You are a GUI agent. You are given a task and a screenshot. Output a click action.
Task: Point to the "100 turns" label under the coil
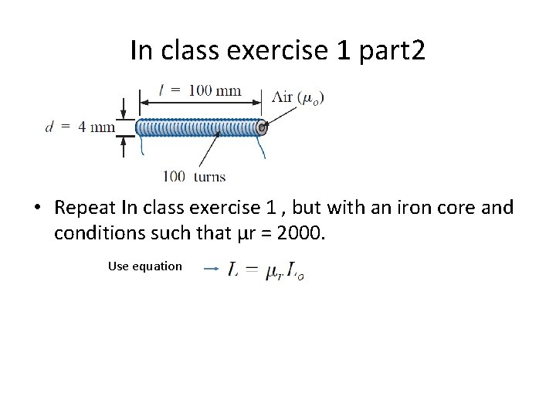(x=194, y=176)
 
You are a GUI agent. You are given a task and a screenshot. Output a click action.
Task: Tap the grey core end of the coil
(x=263, y=127)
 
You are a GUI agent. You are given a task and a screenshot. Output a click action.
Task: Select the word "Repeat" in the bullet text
(x=85, y=208)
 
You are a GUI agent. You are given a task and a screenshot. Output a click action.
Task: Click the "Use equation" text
(x=145, y=266)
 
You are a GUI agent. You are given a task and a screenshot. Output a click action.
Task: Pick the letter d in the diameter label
(x=49, y=127)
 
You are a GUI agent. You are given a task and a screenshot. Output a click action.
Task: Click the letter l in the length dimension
(x=161, y=90)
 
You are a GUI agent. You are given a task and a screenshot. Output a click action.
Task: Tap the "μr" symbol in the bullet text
(x=236, y=232)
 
